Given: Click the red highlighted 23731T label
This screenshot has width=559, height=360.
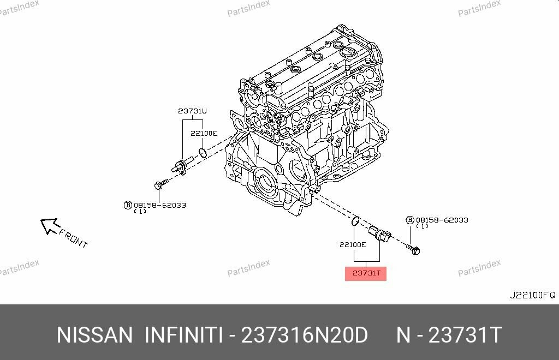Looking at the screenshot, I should [365, 273].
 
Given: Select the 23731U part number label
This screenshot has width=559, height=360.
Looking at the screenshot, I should [192, 111].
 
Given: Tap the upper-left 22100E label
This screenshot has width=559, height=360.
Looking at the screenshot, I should [204, 133].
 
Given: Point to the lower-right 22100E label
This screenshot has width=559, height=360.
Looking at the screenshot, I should [352, 245].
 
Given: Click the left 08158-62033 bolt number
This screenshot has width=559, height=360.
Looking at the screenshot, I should [160, 205].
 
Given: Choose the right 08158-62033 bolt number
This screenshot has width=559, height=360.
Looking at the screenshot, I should [442, 220].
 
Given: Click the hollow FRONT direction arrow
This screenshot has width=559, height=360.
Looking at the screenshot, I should [50, 225].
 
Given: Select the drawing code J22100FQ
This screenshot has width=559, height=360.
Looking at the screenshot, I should [532, 295].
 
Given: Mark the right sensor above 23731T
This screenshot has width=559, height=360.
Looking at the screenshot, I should [380, 233].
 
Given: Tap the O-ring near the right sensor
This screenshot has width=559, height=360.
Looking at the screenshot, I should [355, 221].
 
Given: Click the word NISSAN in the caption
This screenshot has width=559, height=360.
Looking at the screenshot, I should [94, 335].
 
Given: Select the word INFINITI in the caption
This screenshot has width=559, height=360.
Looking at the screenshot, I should [183, 335].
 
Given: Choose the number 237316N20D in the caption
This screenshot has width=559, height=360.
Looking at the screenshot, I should [304, 335].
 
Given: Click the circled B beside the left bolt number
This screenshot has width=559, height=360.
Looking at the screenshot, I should [128, 205].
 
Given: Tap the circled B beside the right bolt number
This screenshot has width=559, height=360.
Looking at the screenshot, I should [409, 220].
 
